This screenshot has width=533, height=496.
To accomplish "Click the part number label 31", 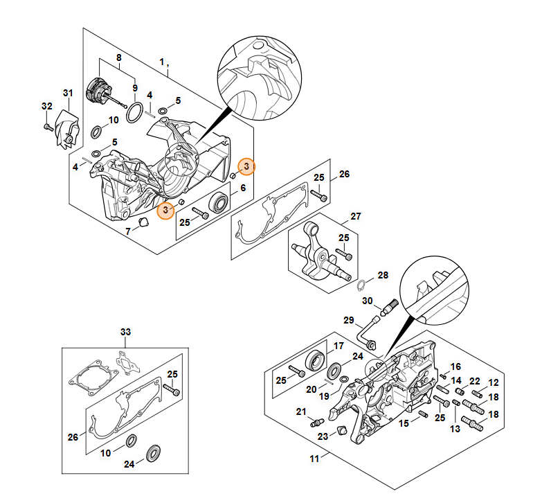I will (68, 93).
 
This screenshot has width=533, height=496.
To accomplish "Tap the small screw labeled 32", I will (47, 127).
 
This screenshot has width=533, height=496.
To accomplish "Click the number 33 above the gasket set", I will (125, 332).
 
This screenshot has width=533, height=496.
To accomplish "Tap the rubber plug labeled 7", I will (144, 222).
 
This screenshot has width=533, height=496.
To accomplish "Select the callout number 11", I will (314, 459).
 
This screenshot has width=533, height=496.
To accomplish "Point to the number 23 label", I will (323, 436).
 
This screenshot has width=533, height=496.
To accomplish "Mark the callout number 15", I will (403, 423).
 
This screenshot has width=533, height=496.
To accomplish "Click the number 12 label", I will (494, 382).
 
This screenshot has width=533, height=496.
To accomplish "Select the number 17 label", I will (338, 346).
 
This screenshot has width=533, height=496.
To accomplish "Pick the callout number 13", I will (455, 429).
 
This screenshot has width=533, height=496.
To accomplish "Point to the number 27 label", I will (355, 216).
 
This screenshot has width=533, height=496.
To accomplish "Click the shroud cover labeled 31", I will (68, 130).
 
